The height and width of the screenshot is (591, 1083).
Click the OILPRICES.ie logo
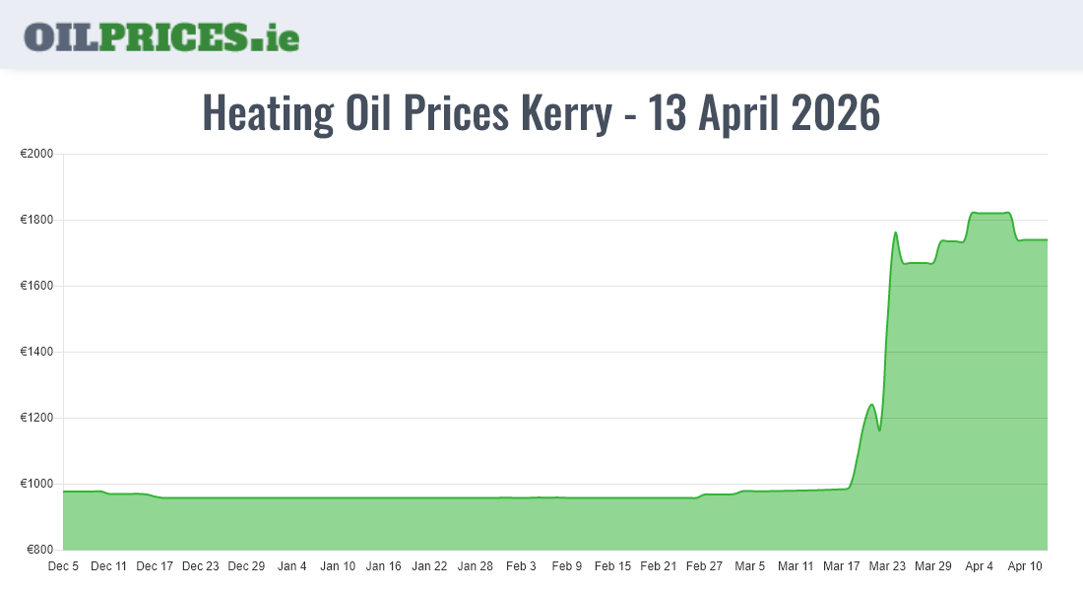[161, 36]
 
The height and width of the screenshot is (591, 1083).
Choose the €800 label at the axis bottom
[39, 550]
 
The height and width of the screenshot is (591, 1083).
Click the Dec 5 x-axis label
[63, 566]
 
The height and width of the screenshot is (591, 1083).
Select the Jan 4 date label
[291, 566]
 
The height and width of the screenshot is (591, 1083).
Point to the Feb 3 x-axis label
[521, 566]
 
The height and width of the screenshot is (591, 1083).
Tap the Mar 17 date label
[841, 566]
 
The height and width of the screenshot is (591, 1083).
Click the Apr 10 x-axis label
[1024, 566]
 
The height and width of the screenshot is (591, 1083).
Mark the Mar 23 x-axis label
[887, 566]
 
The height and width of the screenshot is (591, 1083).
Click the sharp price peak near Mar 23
[895, 233]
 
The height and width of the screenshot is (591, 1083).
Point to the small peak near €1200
[871, 405]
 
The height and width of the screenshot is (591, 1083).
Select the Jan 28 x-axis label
[475, 566]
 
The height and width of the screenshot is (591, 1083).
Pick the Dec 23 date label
[200, 566]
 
